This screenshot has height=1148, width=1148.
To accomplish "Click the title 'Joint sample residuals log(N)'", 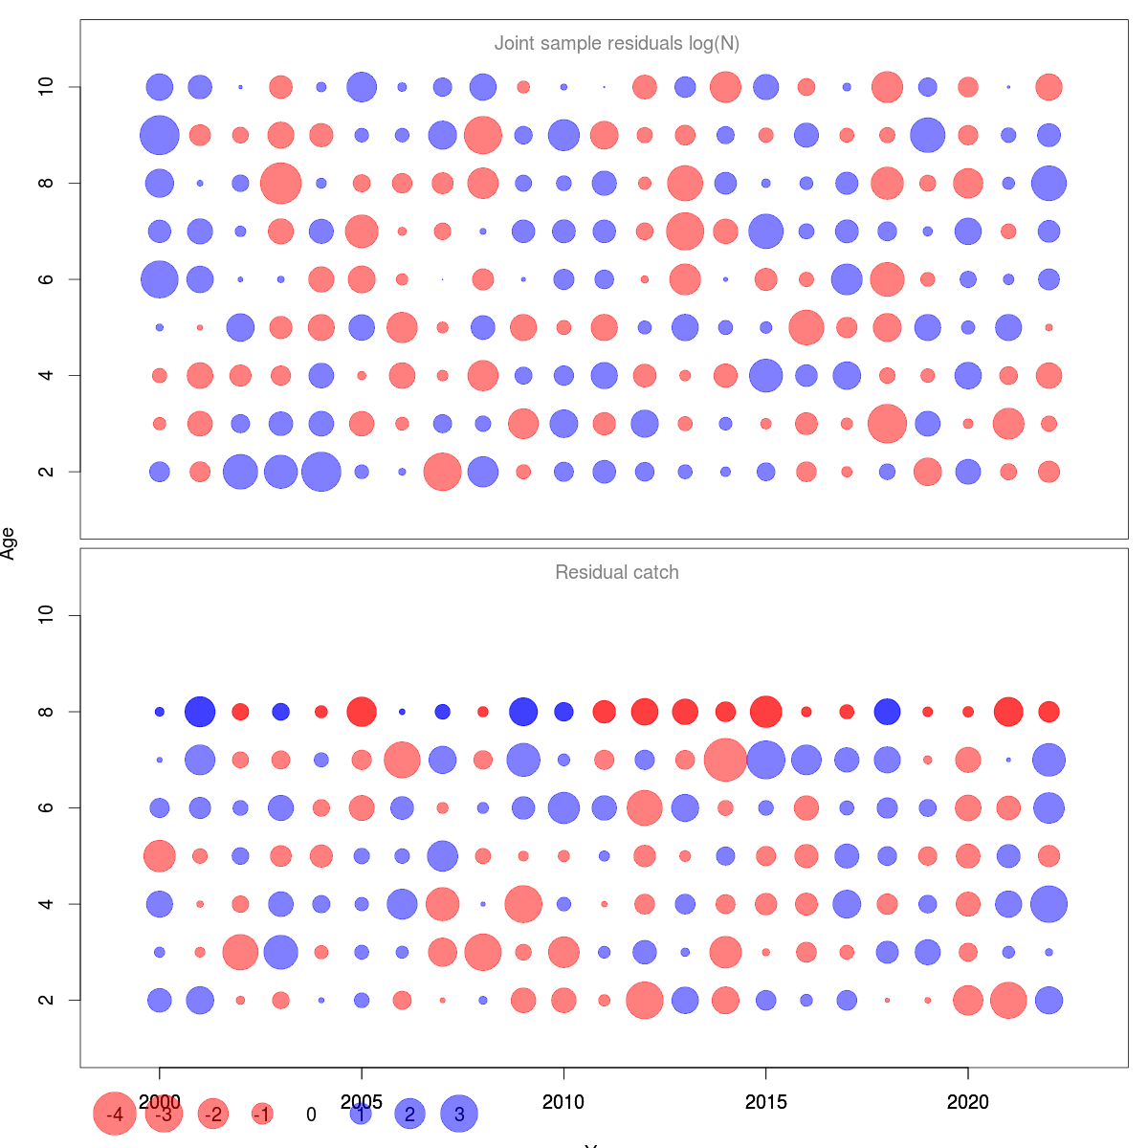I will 616,44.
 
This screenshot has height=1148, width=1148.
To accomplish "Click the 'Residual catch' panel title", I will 616,573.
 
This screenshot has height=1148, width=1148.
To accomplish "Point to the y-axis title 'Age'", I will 9,543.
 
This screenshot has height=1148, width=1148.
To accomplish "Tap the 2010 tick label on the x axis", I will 563,1103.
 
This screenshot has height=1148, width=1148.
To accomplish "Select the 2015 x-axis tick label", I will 765,1103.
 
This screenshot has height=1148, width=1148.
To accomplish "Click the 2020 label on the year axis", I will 968,1103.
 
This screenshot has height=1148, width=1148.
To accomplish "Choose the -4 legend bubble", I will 115,1115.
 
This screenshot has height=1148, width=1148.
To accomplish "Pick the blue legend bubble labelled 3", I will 459,1115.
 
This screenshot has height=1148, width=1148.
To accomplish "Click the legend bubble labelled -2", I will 213,1115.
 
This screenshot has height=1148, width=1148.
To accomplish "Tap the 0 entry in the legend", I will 311,1115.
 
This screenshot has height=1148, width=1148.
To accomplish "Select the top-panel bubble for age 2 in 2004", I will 321,472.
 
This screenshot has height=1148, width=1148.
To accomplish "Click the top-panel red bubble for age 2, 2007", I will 442,472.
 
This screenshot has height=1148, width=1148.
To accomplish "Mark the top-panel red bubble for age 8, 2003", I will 280,183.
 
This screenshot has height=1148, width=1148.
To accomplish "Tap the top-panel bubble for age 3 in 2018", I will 887,424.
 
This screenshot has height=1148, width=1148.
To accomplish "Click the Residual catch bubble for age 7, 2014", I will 725,760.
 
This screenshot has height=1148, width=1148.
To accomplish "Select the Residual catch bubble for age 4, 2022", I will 1049,904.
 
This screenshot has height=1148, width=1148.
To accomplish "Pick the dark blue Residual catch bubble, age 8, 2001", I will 200,712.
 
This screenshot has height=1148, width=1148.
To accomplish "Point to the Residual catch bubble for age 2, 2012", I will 645,1001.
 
